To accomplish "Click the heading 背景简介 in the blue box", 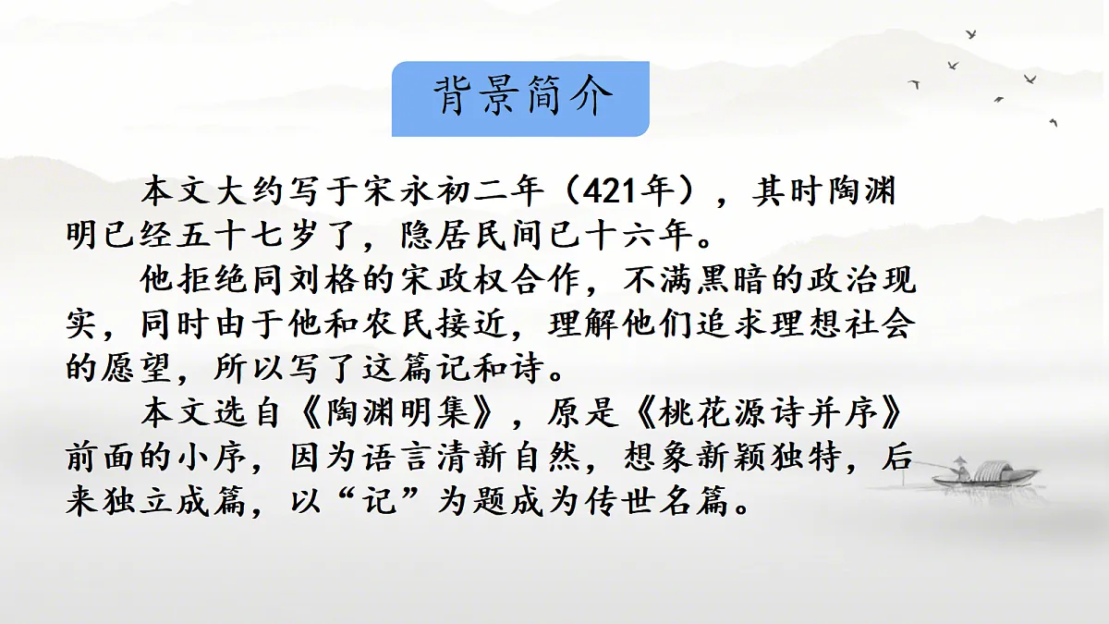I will coord(522,98).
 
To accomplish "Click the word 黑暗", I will coord(746,280).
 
